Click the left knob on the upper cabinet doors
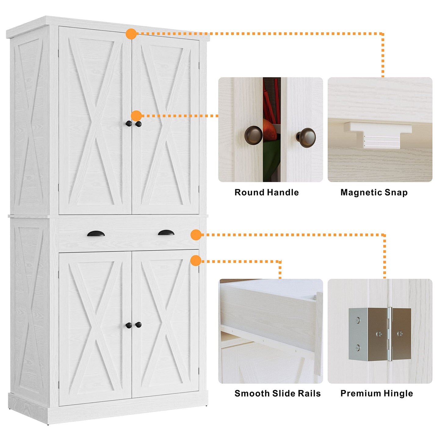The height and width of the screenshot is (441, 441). pyautogui.click(x=129, y=124)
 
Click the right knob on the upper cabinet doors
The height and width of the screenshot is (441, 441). pyautogui.click(x=139, y=124)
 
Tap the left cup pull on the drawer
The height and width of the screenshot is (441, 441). pyautogui.click(x=96, y=234)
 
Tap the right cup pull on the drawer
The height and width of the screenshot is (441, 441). pyautogui.click(x=166, y=233)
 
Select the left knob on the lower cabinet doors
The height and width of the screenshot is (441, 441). pyautogui.click(x=129, y=325)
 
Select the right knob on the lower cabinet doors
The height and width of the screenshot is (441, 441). pyautogui.click(x=139, y=325)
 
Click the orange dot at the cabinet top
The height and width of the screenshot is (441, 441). pyautogui.click(x=131, y=34)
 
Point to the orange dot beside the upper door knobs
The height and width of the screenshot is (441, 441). pyautogui.click(x=136, y=116)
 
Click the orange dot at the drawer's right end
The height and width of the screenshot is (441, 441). pyautogui.click(x=196, y=235)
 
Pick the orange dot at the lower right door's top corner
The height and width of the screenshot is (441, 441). pyautogui.click(x=196, y=261)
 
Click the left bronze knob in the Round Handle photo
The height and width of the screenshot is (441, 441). pyautogui.click(x=253, y=135)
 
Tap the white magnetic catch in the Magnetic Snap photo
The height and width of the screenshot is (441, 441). pyautogui.click(x=378, y=134)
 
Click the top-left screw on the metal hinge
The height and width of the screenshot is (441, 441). pyautogui.click(x=357, y=320)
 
